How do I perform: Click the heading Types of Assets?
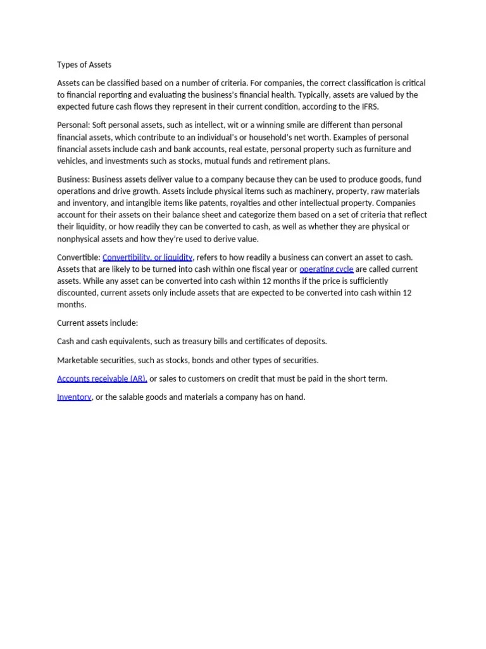[x=84, y=65]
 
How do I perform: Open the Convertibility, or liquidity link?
[x=147, y=257]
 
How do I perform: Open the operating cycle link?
[x=327, y=269]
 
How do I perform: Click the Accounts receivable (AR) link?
[x=102, y=378]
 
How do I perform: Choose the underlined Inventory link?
[x=74, y=397]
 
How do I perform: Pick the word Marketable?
[x=78, y=360]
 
